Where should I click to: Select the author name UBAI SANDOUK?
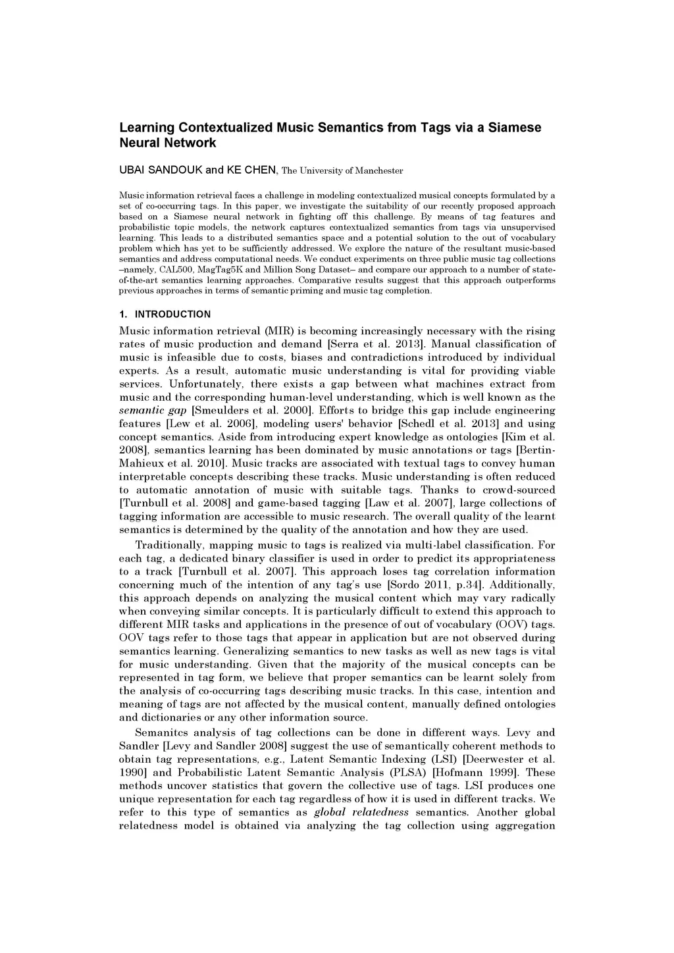(x=161, y=170)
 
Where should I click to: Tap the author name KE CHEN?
(x=251, y=170)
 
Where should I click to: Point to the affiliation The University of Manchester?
(x=342, y=171)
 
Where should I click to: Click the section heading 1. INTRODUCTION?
(x=165, y=314)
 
